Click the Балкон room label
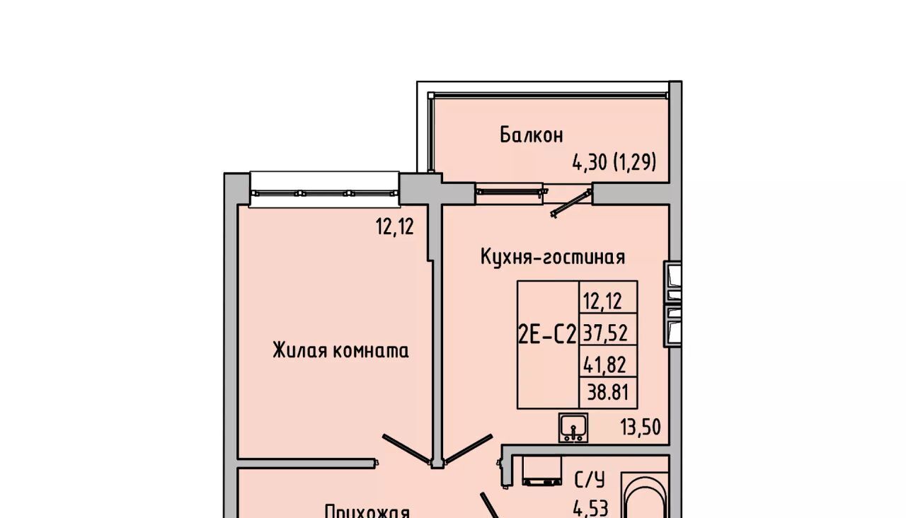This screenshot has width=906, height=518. pyautogui.click(x=531, y=134)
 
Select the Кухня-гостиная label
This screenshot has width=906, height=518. pyautogui.click(x=552, y=256)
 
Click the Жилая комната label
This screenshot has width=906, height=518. pyautogui.click(x=340, y=350)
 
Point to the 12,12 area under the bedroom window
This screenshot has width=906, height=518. pyautogui.click(x=394, y=227)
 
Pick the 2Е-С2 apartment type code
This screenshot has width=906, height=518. pyautogui.click(x=547, y=335)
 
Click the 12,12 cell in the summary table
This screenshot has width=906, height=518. pyautogui.click(x=602, y=301)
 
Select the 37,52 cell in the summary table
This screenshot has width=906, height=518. pyautogui.click(x=604, y=332)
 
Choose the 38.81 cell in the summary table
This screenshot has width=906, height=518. pyautogui.click(x=607, y=391)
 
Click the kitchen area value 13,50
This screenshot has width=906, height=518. pyautogui.click(x=641, y=427)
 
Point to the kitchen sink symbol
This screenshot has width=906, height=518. pyautogui.click(x=572, y=427)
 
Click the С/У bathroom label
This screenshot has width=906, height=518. pyautogui.click(x=589, y=480)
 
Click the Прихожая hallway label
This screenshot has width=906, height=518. pyautogui.click(x=367, y=511)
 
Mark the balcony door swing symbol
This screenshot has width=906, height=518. pyautogui.click(x=570, y=202)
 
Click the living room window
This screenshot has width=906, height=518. pyautogui.click(x=324, y=192)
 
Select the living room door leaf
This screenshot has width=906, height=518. pyautogui.click(x=408, y=449)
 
